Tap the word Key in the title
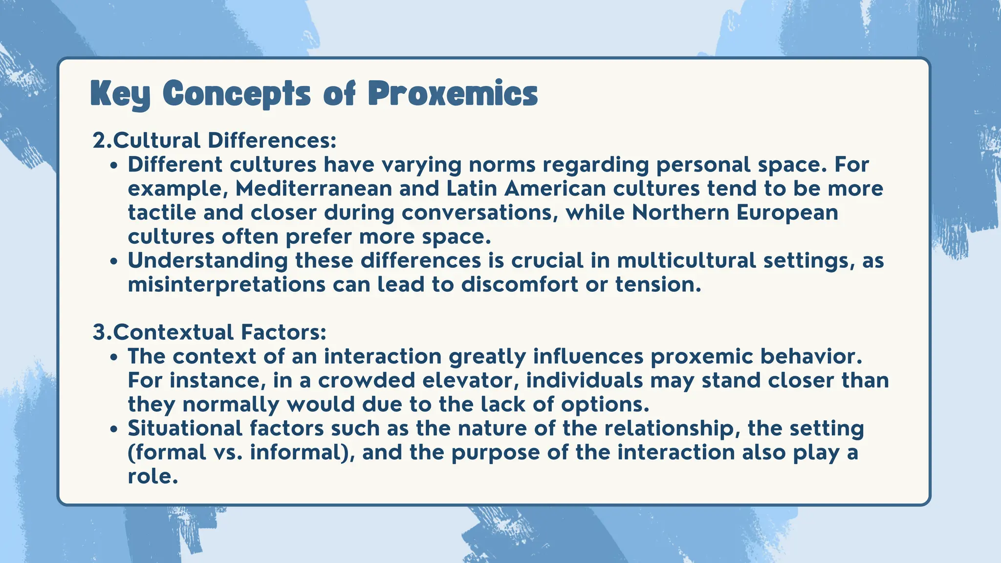click(x=120, y=94)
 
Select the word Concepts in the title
click(x=237, y=94)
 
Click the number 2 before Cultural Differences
click(x=99, y=141)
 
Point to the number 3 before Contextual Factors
click(x=99, y=332)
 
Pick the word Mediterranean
click(x=313, y=189)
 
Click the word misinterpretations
click(x=226, y=284)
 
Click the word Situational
click(x=185, y=428)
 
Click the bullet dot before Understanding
click(x=114, y=261)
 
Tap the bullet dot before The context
click(x=114, y=357)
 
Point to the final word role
click(x=152, y=476)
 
